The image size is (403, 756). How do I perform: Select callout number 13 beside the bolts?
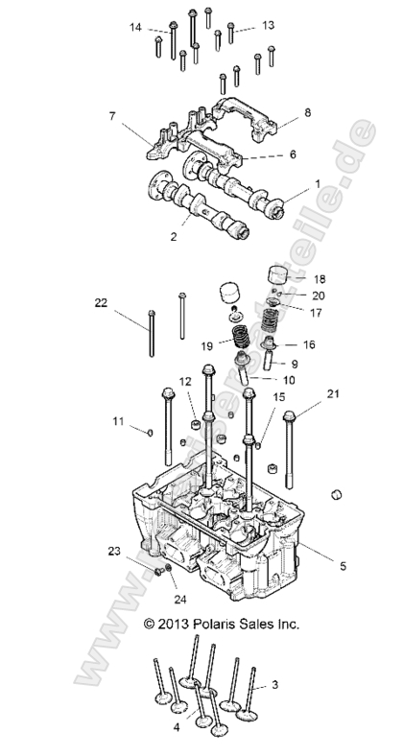coord(268,24)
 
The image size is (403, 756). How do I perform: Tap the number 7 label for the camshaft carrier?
coord(112,116)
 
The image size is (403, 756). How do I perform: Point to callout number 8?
coord(308,113)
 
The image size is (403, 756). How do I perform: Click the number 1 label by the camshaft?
coord(318,183)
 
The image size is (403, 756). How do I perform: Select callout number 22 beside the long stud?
coord(101,303)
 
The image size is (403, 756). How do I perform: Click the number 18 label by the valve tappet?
coord(320,278)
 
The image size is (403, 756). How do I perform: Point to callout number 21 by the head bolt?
coord(334,394)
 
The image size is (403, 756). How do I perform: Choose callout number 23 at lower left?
coord(113,553)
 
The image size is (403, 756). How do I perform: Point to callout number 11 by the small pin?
coord(117,420)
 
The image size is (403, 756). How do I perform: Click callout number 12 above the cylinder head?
coord(185,382)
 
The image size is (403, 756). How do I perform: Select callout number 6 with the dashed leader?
coord(293,154)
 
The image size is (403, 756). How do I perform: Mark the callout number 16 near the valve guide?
coord(309,343)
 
